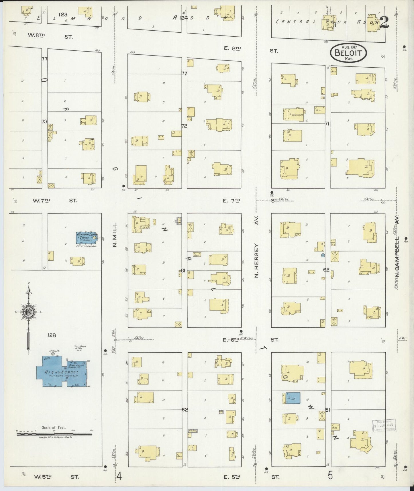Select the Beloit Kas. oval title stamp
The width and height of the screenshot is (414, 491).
[348, 53]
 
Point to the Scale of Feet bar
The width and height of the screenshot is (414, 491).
[54, 434]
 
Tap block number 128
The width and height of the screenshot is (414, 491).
[52, 335]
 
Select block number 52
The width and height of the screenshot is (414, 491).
[185, 410]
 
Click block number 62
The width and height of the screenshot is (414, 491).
[326, 270]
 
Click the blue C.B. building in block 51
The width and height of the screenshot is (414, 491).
[292, 398]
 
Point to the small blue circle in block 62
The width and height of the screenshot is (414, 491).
[323, 255]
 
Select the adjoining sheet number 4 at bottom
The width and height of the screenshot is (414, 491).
[119, 476]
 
